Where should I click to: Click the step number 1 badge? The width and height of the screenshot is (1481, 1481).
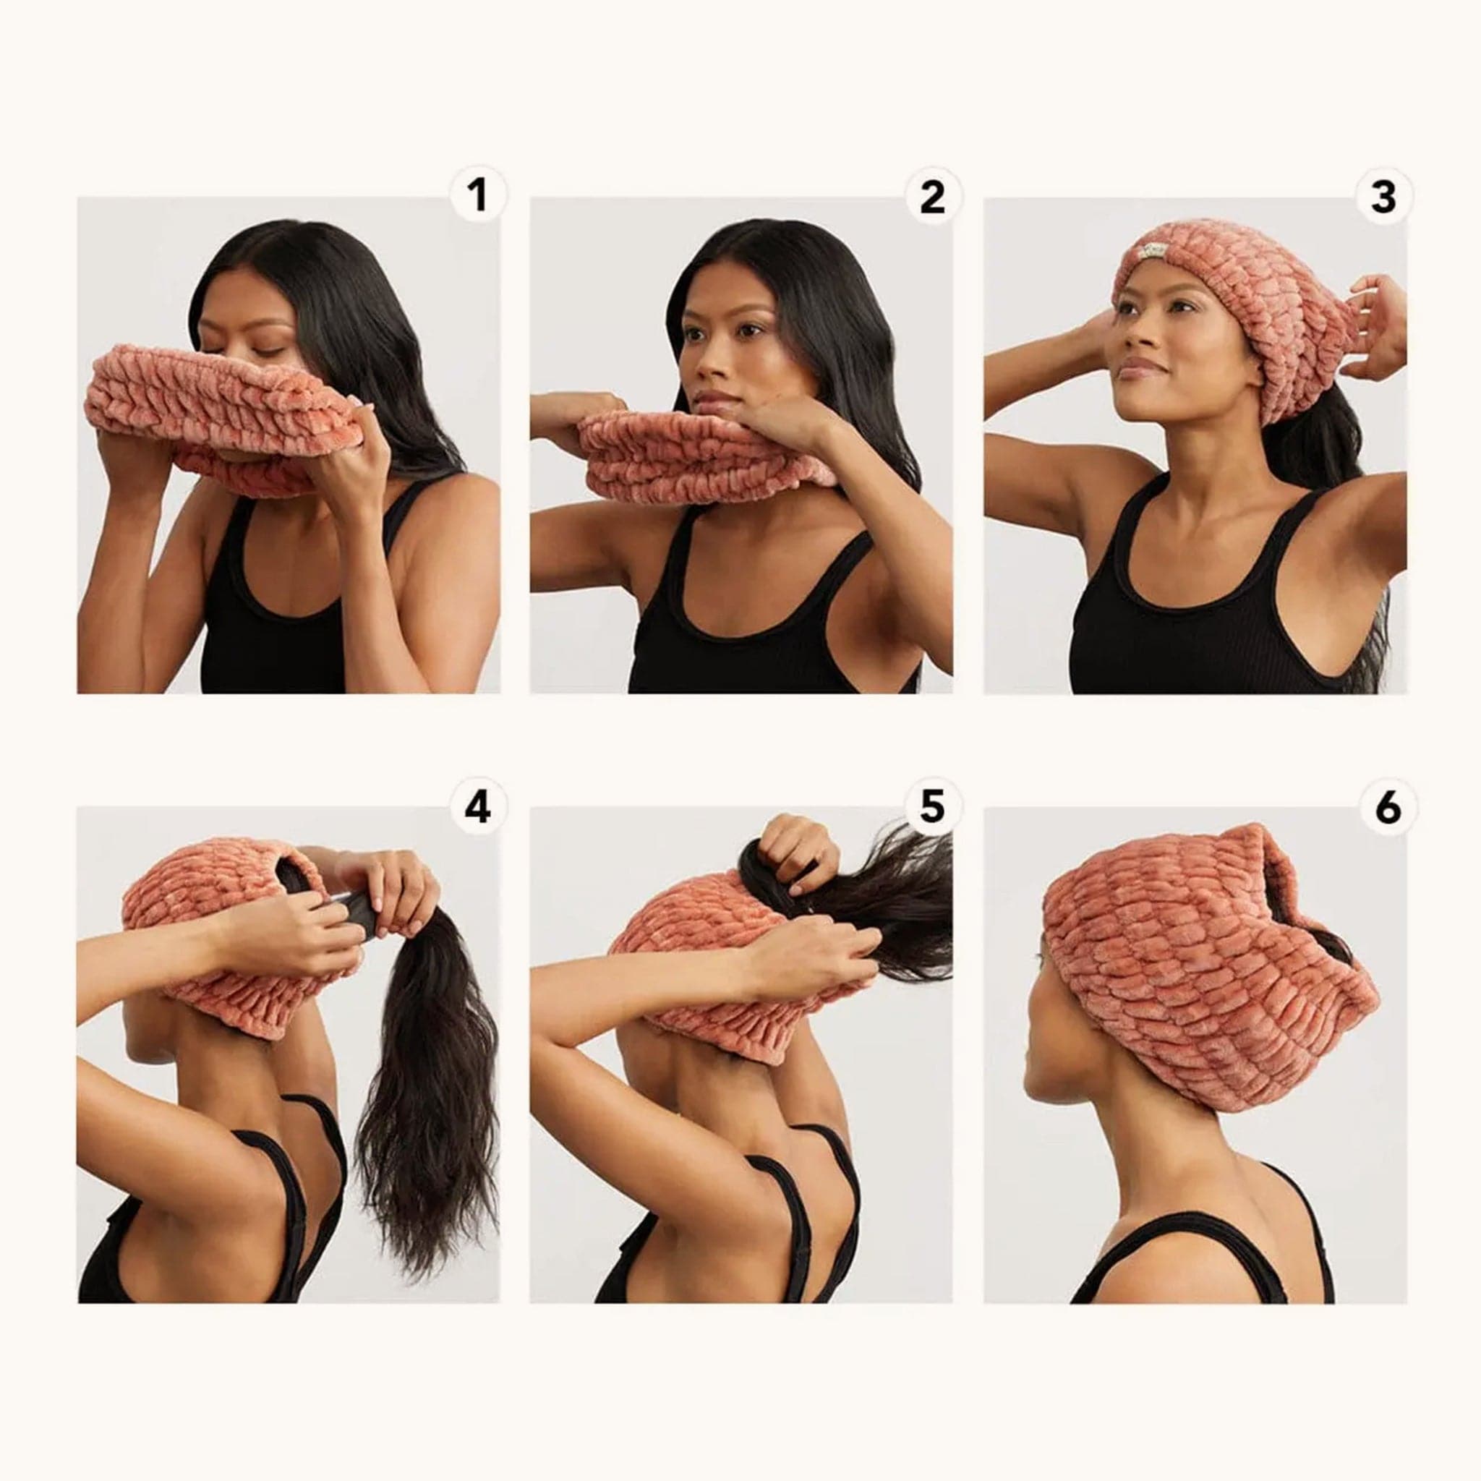pos(478,195)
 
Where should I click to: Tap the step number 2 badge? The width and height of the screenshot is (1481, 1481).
pos(931,197)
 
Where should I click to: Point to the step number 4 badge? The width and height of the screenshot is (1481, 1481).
pos(478,807)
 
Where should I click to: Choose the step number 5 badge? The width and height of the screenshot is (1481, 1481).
pos(931,807)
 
